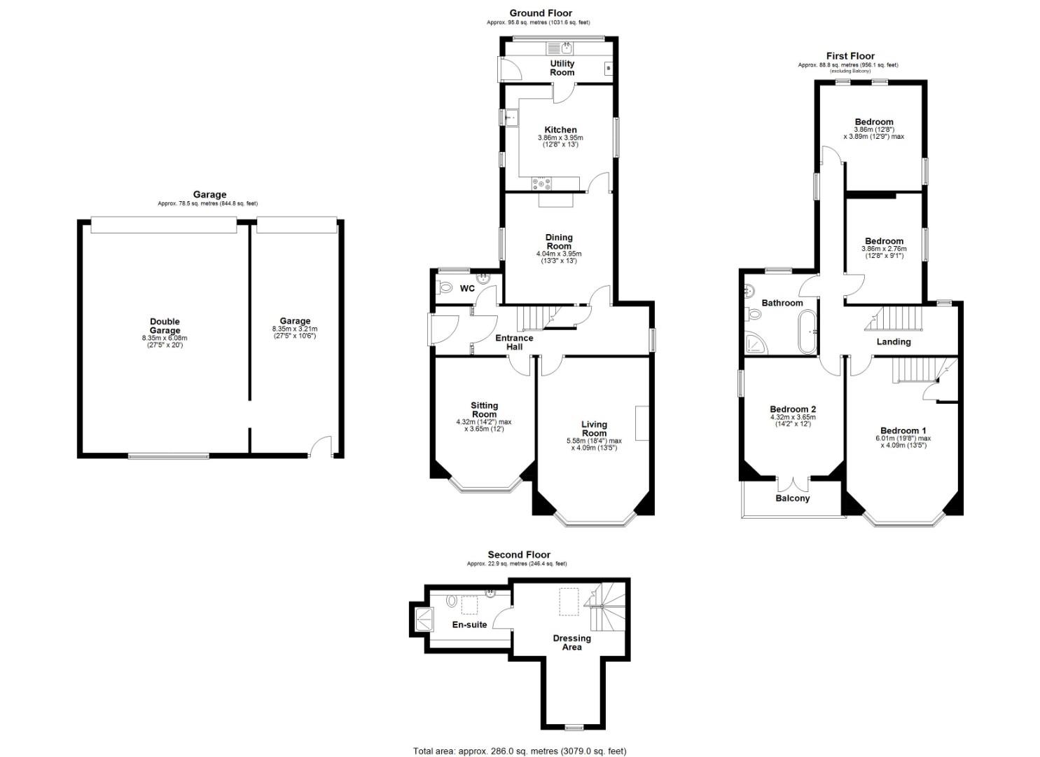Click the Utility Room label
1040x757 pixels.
tap(562, 68)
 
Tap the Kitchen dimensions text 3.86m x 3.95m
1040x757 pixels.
tap(560, 138)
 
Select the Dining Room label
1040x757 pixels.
tap(559, 242)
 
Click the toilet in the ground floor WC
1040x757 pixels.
tap(444, 288)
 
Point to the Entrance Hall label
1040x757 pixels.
tap(514, 342)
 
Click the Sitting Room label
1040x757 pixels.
tap(484, 409)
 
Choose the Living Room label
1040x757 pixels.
tap(594, 428)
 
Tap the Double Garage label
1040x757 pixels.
tap(165, 326)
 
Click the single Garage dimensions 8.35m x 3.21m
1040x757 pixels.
tap(295, 329)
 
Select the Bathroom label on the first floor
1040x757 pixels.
tap(782, 303)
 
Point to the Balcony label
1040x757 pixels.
tap(792, 498)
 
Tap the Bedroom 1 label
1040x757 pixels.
tap(903, 430)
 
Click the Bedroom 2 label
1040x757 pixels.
tap(793, 409)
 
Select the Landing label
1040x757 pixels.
tap(894, 342)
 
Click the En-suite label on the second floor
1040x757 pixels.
tap(469, 625)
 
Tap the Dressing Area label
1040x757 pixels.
tap(572, 643)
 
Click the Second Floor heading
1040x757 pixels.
tap(519, 554)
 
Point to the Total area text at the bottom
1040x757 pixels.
tap(520, 751)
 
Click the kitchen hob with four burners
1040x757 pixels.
tap(542, 184)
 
